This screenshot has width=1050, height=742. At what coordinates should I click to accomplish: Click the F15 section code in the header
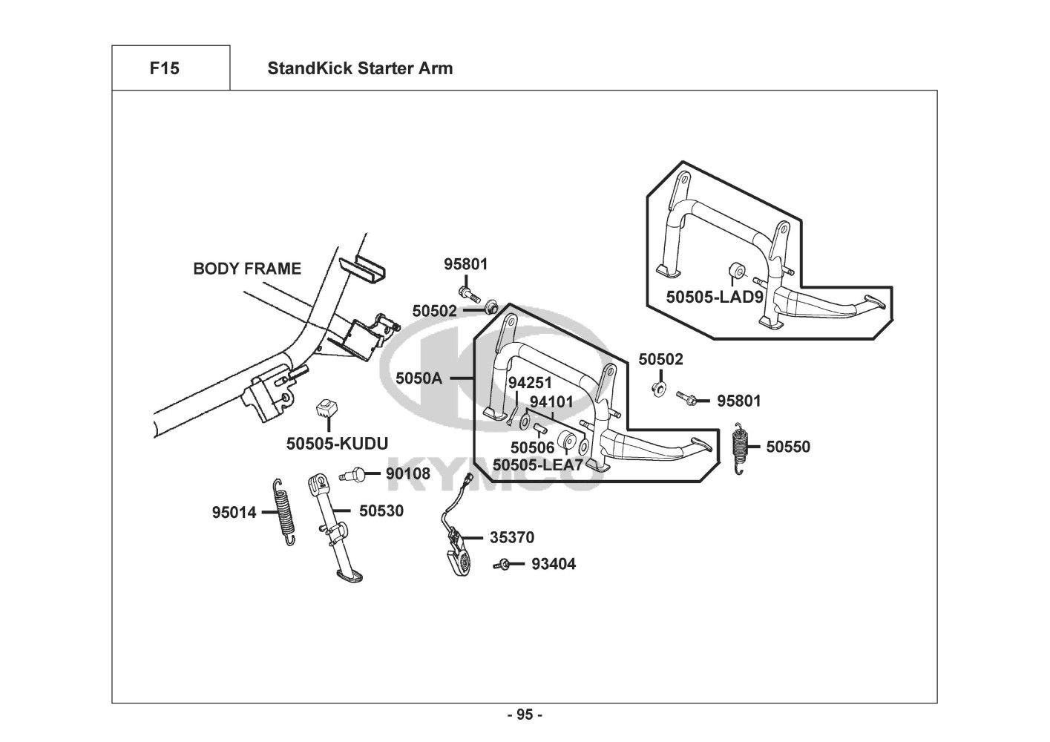164,69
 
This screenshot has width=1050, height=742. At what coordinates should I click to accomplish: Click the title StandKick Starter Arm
359,69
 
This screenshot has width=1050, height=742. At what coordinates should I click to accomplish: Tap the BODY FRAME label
247,269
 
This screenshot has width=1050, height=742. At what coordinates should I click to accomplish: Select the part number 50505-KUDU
337,444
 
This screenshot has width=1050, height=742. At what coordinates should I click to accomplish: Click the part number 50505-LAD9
714,297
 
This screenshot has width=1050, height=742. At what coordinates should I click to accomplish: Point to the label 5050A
419,378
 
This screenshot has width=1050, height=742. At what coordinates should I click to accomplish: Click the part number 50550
788,447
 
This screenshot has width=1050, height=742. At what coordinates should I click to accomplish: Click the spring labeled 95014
283,511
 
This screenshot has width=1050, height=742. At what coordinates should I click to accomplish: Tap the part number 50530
381,510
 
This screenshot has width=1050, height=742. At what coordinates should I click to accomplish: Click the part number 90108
407,473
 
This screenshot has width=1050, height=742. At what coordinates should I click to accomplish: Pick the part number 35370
511,537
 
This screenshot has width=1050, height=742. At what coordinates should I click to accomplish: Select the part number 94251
530,383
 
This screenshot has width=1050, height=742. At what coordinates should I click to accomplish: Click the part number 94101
551,402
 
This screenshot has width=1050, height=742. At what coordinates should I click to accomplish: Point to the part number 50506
532,447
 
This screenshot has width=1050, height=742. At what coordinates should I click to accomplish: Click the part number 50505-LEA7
537,465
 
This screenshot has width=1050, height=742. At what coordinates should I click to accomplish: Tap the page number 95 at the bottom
525,715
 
